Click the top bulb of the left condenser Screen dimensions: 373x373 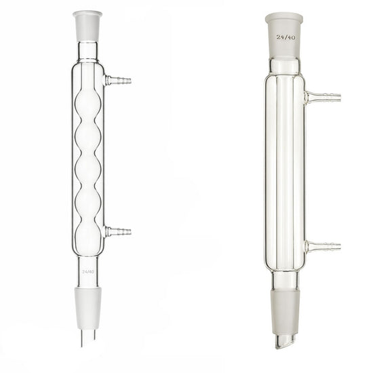coord(88,104)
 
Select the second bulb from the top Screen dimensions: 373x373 coord(88,137)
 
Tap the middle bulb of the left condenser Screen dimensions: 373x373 coord(88,169)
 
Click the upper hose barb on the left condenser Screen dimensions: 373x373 coord(118,81)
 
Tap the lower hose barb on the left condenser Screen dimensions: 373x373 coord(118,231)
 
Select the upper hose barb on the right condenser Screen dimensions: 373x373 coord(323,97)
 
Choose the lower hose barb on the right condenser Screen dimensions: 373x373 coord(323,247)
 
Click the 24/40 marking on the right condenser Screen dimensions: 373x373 coord(286,37)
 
